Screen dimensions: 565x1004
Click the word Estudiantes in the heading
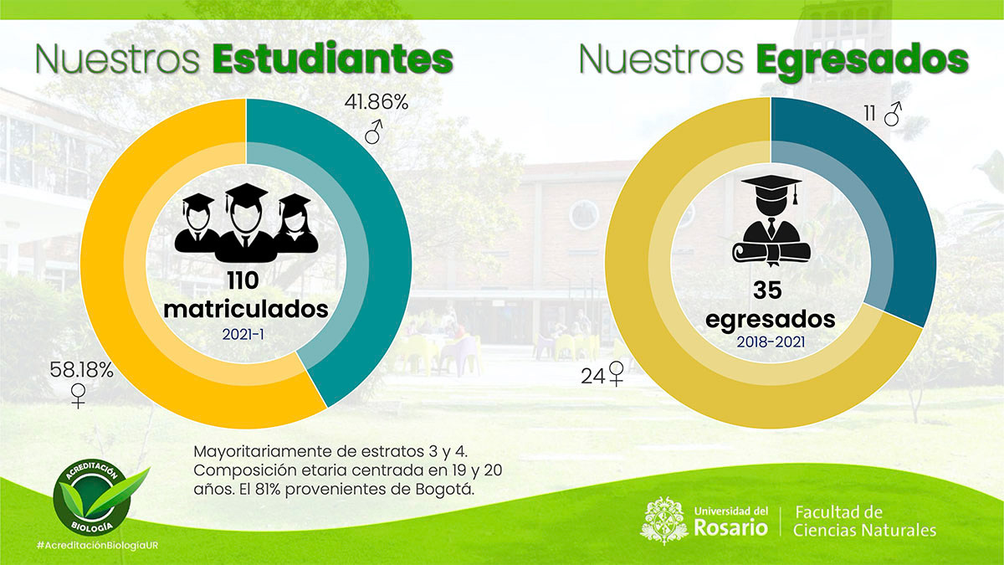pyautogui.click(x=332, y=60)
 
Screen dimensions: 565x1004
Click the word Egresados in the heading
pyautogui.click(x=862, y=60)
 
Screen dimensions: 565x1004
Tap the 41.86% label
pyautogui.click(x=376, y=103)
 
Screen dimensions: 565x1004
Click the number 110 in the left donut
pyautogui.click(x=246, y=281)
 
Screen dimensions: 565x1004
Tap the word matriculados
pyautogui.click(x=246, y=309)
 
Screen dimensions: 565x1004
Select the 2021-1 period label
pyautogui.click(x=246, y=333)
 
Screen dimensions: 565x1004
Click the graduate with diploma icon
pyautogui.click(x=771, y=218)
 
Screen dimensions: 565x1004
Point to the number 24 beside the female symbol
pyautogui.click(x=592, y=377)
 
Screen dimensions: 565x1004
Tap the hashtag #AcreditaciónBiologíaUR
pyautogui.click(x=98, y=546)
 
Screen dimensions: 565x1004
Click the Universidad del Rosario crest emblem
pyautogui.click(x=664, y=519)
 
